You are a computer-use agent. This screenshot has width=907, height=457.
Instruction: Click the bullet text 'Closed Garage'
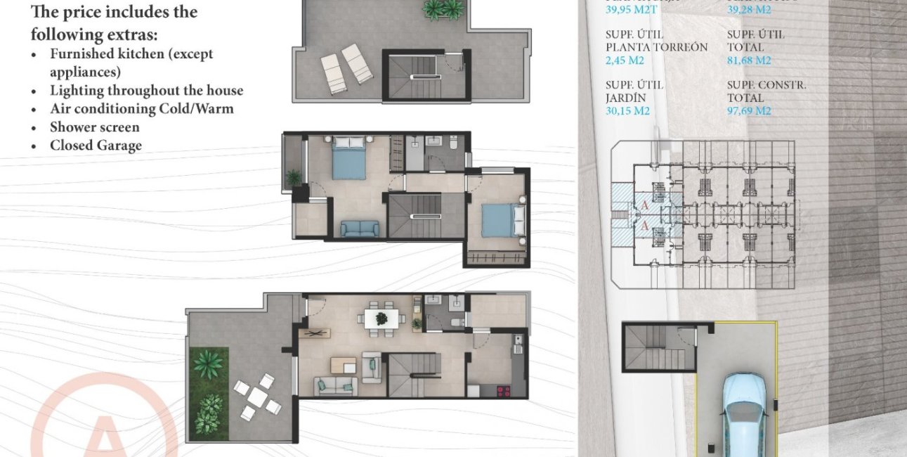[x=96, y=146]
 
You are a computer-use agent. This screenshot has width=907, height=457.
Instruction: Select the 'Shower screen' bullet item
[x=94, y=127]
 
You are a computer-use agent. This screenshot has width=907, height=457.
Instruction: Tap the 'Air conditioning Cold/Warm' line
[x=141, y=109]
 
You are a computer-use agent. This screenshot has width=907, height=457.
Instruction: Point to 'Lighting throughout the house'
[x=146, y=91]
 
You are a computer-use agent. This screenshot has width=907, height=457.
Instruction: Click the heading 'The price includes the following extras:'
[x=114, y=22]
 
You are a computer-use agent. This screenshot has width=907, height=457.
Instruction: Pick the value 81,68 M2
[x=748, y=60]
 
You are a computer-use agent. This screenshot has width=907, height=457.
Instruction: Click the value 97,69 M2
[x=749, y=111]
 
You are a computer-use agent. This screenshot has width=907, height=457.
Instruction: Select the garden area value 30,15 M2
[x=627, y=111]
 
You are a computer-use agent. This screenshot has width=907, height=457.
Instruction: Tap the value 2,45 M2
[x=625, y=60]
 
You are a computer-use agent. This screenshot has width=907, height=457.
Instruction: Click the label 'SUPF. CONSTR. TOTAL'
[x=766, y=91]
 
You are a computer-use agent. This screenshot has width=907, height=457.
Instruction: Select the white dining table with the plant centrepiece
[x=381, y=318]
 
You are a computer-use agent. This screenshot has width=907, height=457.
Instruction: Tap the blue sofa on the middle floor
[x=360, y=228]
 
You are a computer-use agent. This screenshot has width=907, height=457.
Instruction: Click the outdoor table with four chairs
[x=257, y=398]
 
